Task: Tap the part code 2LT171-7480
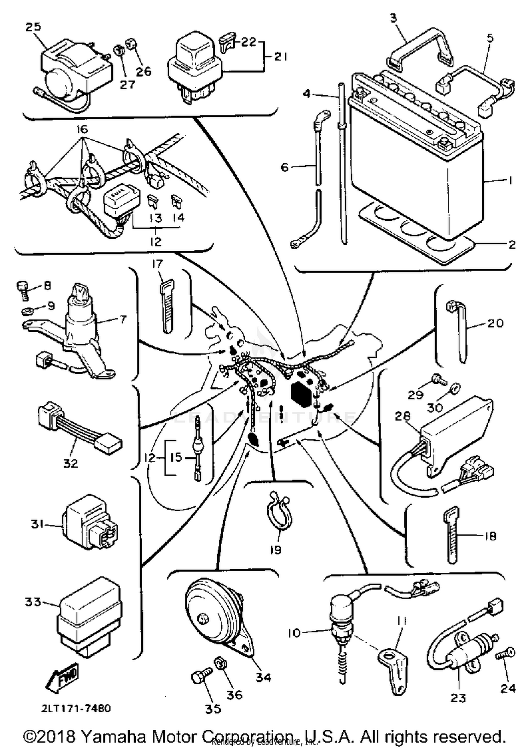coord(76,708)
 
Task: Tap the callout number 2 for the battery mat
coord(512,244)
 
